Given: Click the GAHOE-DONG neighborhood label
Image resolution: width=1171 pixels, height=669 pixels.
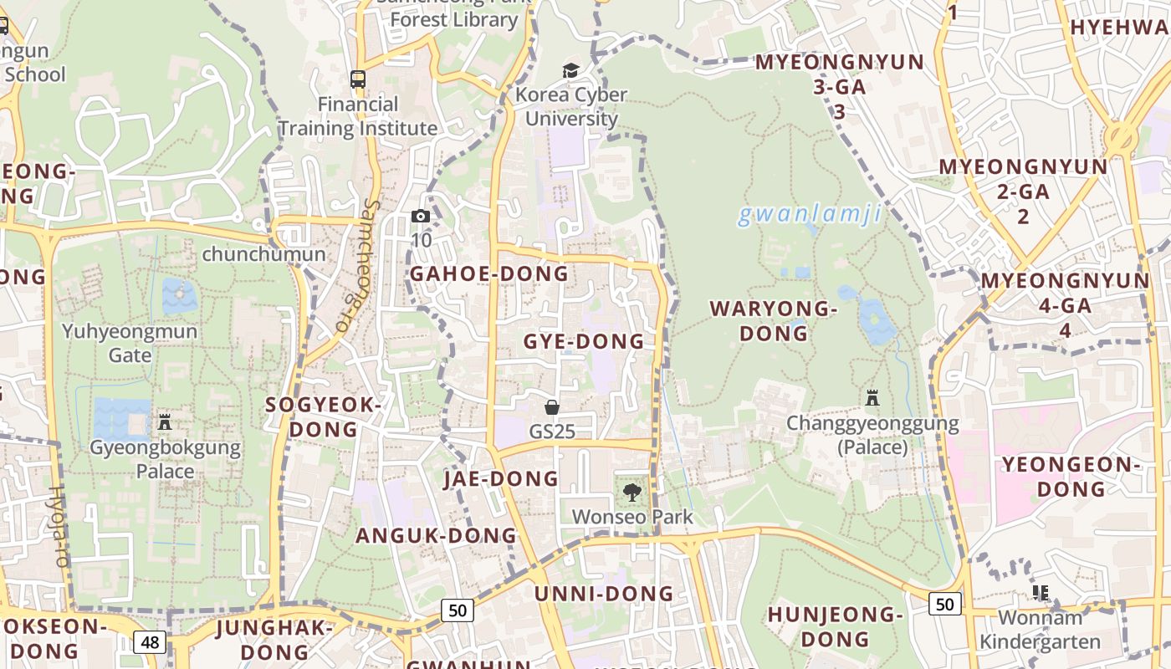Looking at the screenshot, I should coord(488,273).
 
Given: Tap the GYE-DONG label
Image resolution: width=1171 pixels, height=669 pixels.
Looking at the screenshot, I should coord(584,341).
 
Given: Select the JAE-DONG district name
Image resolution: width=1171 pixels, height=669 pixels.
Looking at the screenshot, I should coord(500,478).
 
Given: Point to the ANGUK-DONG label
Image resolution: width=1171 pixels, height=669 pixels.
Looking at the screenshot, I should coord(436,535).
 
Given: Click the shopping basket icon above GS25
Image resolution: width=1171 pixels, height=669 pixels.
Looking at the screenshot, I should coord(552,407).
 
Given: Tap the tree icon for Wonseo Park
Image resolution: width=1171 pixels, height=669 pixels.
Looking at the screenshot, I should coord(632,492).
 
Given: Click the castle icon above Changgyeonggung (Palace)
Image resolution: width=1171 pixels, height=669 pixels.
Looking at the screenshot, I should coord(872,398).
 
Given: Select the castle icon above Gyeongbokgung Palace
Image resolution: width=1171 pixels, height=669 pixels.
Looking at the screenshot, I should coord(165,422).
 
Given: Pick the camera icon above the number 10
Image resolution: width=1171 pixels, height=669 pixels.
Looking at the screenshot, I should coord(421,217).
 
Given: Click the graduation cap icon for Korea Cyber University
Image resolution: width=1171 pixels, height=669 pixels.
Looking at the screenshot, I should coord(570,70).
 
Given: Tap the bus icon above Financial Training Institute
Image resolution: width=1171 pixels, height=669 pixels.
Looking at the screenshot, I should coord(358,79).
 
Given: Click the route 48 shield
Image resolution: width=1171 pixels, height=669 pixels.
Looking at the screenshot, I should coord(150,642).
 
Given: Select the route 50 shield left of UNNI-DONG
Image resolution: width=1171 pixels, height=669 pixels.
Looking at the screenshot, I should coord(458,610).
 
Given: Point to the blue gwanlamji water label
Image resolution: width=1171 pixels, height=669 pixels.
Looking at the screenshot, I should coord(809,215).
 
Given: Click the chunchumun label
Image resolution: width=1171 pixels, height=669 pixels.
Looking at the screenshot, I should coord(263,253).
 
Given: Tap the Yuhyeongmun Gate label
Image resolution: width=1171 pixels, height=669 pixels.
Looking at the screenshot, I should coord(130,343).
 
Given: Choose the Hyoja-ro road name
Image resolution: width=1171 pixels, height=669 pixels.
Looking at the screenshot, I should coord(59,527).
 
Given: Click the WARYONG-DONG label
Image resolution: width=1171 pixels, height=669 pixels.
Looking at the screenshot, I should coord(773,321).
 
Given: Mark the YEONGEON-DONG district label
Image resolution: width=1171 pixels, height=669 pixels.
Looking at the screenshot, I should coord(1071,476).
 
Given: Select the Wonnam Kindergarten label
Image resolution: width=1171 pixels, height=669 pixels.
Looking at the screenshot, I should coord(1040,630).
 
